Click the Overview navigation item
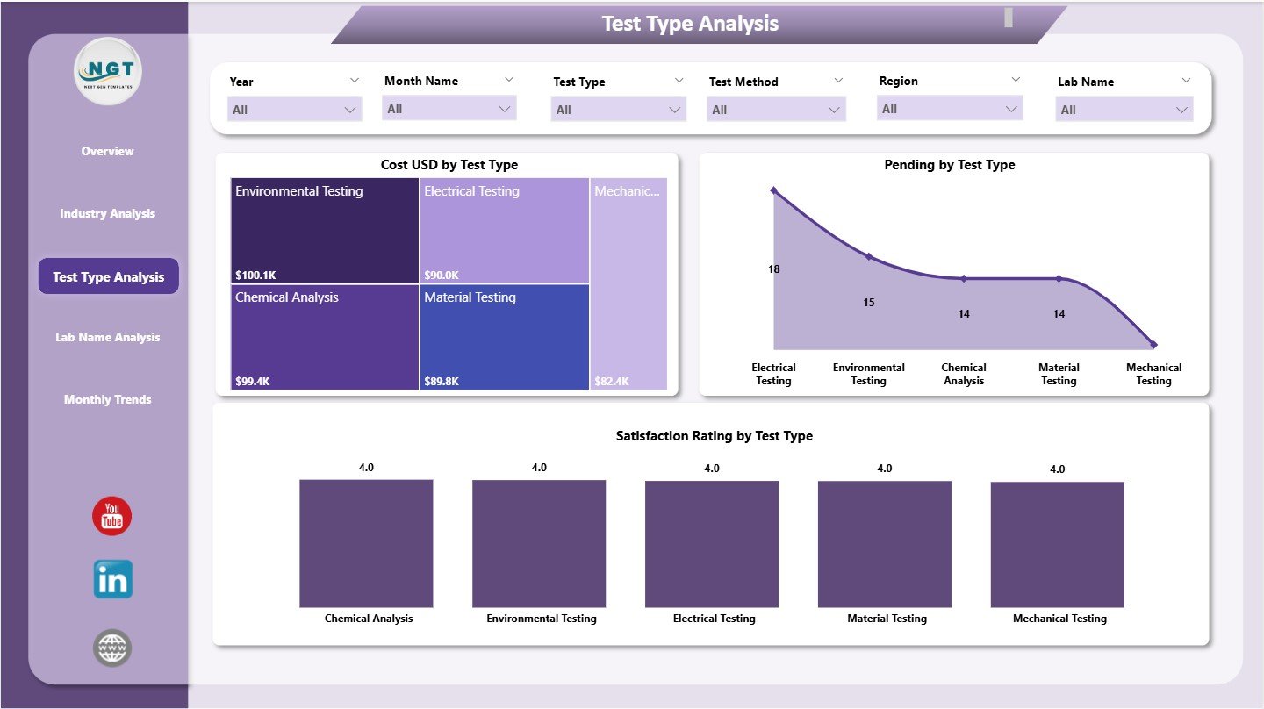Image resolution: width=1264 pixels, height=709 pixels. [x=107, y=151]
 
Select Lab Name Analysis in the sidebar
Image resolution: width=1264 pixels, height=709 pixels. [x=107, y=337]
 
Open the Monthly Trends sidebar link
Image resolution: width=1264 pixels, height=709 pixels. [x=107, y=399]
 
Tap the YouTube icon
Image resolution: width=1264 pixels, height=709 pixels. [x=111, y=516]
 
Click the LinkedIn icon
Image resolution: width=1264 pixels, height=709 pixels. [x=112, y=579]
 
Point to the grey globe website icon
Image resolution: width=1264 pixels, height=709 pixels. [x=112, y=648]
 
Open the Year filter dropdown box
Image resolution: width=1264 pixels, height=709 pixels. [x=294, y=110]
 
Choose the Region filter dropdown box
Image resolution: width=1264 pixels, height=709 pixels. [x=950, y=109]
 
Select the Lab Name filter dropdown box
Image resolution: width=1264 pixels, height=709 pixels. [x=1124, y=110]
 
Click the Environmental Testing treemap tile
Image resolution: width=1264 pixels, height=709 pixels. [x=324, y=231]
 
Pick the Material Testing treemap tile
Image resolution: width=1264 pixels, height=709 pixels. [x=504, y=337]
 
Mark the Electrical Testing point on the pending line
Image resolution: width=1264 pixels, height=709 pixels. [x=773, y=190]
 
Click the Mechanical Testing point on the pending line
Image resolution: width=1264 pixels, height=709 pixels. [x=1153, y=345]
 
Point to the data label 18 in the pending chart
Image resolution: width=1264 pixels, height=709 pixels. [x=773, y=269]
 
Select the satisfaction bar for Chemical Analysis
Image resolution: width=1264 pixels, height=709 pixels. [x=366, y=543]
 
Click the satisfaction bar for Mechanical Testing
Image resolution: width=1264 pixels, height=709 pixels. [x=1057, y=544]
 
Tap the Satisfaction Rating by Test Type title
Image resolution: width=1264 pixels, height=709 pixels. [x=714, y=436]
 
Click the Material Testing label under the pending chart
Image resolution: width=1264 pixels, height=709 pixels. [x=1059, y=374]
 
